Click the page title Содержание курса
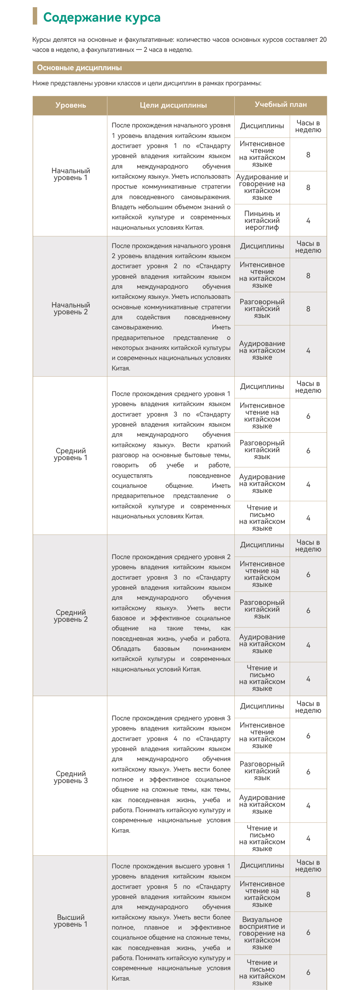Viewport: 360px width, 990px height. (102, 17)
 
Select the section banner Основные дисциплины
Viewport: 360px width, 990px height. (80, 68)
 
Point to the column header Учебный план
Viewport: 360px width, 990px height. (280, 104)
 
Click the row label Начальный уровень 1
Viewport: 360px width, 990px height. (70, 174)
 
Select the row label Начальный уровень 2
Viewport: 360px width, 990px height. (70, 308)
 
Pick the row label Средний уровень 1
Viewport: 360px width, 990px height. (70, 454)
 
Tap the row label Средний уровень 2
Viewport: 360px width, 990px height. (70, 616)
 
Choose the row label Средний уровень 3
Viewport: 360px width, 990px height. (70, 777)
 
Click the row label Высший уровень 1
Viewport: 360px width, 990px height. (70, 921)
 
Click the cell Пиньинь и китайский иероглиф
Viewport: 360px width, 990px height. (262, 221)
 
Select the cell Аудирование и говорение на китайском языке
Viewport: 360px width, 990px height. (262, 187)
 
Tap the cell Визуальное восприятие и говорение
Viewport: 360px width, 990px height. (262, 933)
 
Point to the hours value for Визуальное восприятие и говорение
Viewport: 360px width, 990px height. (308, 933)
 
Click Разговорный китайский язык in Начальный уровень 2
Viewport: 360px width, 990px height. (262, 309)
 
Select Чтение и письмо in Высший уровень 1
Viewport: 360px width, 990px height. (262, 972)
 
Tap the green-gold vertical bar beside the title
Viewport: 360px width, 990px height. (35, 16)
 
